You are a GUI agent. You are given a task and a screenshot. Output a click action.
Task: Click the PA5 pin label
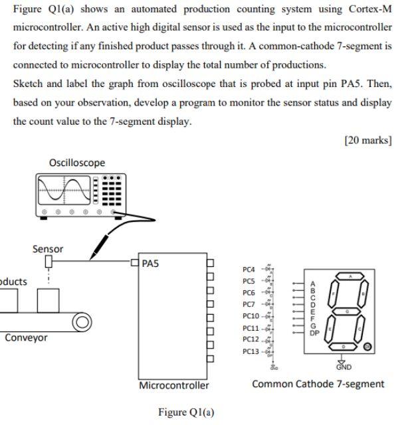pyautogui.click(x=151, y=264)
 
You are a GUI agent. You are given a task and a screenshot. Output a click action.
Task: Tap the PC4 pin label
pyautogui.click(x=249, y=269)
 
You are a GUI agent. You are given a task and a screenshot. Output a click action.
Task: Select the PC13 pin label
pyautogui.click(x=251, y=351)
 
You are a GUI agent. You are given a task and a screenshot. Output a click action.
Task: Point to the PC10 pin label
pyautogui.click(x=251, y=316)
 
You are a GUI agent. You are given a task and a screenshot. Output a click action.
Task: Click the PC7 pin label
pyautogui.click(x=249, y=304)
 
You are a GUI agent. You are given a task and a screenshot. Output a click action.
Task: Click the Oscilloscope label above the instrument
pyautogui.click(x=76, y=163)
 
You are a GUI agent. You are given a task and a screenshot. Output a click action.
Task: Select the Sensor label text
pyautogui.click(x=48, y=249)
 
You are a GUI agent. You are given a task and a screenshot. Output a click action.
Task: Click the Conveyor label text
pyautogui.click(x=26, y=337)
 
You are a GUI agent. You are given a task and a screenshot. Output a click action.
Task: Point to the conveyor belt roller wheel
pyautogui.click(x=81, y=323)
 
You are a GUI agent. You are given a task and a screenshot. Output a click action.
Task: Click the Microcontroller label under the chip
pyautogui.click(x=173, y=385)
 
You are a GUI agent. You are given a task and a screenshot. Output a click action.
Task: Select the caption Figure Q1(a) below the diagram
pyautogui.click(x=186, y=412)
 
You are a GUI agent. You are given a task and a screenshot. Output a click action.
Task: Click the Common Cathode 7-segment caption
pyautogui.click(x=318, y=384)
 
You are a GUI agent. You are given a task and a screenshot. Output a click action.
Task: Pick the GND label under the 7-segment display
pyautogui.click(x=344, y=367)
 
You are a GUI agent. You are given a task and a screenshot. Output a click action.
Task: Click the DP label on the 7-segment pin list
pyautogui.click(x=314, y=333)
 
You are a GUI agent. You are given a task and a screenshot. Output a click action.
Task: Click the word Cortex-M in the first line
pyautogui.click(x=369, y=9)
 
